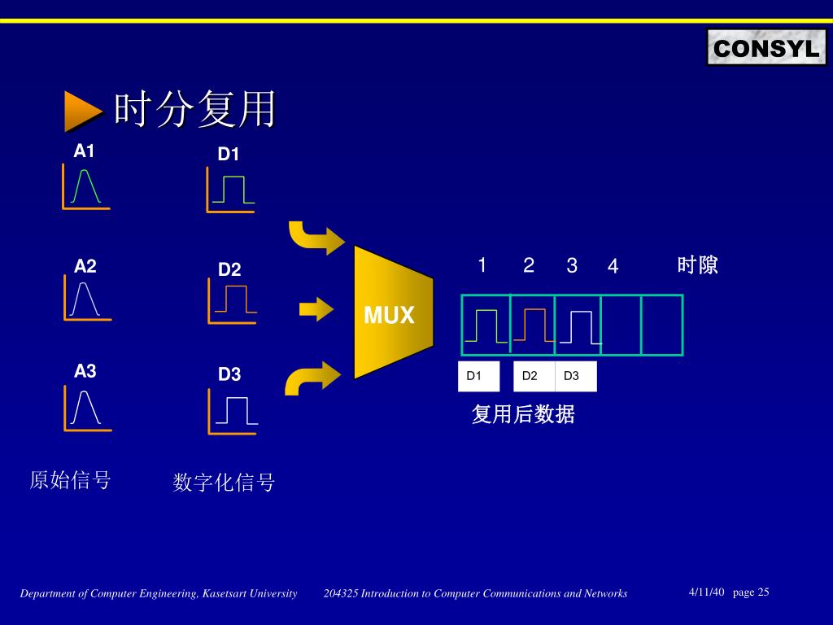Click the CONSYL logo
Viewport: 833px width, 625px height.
pos(765,48)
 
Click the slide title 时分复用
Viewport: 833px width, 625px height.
pos(194,110)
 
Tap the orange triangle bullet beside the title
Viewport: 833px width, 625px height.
pos(82,111)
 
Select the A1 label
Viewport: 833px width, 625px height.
pos(85,151)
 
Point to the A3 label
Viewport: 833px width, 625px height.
pos(85,372)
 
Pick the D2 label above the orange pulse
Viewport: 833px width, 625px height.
pos(229,269)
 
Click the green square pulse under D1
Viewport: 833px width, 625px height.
pos(233,190)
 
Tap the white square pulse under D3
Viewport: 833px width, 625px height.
pos(236,410)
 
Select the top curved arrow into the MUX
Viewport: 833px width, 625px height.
pos(316,237)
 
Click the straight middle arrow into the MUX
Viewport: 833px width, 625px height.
pos(316,309)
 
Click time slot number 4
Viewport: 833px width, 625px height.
pos(613,267)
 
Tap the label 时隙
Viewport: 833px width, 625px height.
pos(697,265)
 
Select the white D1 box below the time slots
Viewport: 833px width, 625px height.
pos(478,376)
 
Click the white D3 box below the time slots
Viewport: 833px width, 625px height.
pos(575,376)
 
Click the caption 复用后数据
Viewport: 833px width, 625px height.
pos(523,415)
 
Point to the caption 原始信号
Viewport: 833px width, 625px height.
pos(70,480)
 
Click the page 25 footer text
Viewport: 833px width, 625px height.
pos(751,592)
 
